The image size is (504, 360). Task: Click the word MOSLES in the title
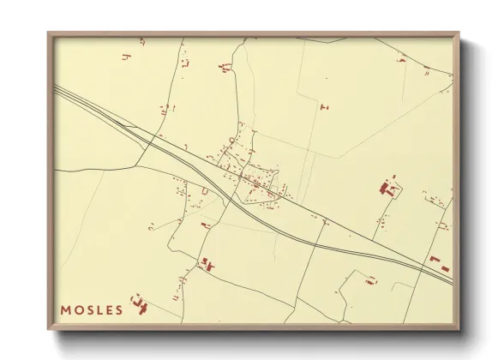(x=92, y=309)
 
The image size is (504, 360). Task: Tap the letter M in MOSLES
(x=66, y=309)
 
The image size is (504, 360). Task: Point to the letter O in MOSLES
(x=79, y=309)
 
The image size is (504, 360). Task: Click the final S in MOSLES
(x=119, y=309)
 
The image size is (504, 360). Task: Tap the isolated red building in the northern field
(x=324, y=106)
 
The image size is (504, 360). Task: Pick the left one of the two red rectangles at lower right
(x=434, y=258)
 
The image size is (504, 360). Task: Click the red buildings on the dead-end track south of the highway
(x=371, y=279)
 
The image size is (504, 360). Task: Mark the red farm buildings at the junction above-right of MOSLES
(x=207, y=265)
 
